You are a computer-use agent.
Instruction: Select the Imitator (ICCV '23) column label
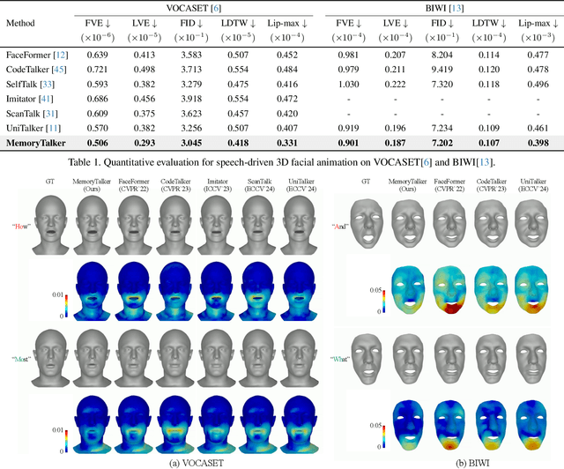[213, 183]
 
